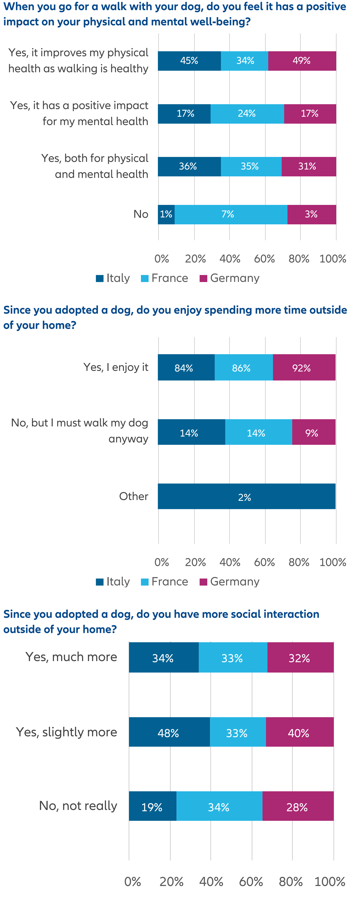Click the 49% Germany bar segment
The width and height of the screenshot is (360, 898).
point(302,61)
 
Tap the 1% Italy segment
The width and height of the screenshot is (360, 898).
point(166,214)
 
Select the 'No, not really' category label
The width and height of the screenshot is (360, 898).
point(78,806)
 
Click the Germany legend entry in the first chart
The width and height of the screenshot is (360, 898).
point(230,278)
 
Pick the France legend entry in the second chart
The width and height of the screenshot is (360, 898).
point(165,581)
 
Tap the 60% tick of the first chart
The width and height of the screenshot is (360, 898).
point(264,259)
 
